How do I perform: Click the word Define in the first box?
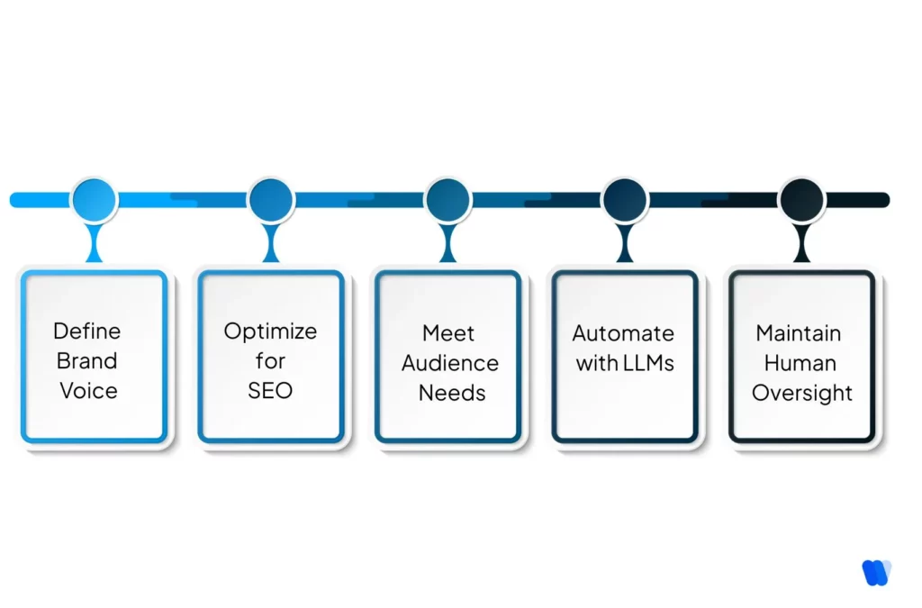86,331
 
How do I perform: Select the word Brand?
86,361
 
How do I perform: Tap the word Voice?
88,391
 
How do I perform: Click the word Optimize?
270,331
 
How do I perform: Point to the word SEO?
270,391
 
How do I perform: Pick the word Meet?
448,333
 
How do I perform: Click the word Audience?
449,363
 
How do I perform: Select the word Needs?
451,393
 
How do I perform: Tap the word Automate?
623,333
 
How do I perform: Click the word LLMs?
649,364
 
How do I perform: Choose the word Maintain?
799,333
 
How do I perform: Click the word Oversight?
802,394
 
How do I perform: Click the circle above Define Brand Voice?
94,200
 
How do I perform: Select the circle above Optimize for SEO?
270,200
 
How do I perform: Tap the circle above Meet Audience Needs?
447,200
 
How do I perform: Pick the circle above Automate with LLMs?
625,200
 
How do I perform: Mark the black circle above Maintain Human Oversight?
801,200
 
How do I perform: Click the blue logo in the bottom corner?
875,572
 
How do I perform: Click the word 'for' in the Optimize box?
270,361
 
